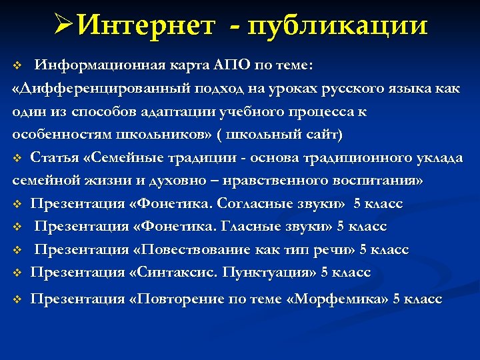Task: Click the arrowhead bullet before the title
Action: point(65,26)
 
